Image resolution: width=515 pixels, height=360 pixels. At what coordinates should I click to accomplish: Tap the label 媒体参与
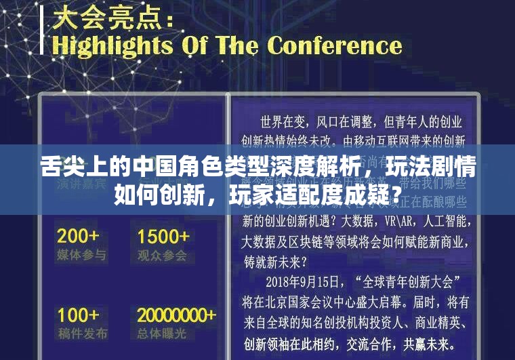81,255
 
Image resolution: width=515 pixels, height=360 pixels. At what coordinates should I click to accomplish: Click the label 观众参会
162,255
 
